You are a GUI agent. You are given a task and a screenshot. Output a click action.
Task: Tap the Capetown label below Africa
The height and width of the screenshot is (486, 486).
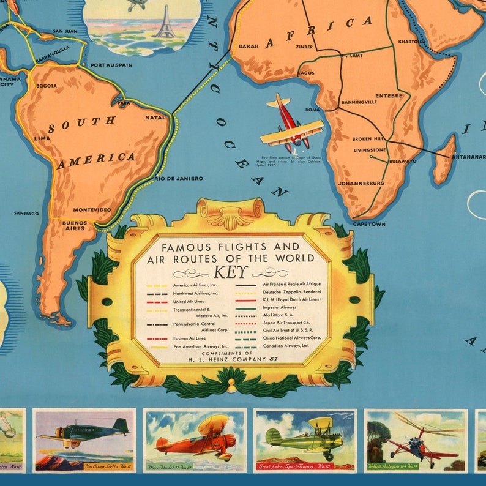369,225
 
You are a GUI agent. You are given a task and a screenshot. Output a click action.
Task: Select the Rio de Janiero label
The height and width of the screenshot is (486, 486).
178,178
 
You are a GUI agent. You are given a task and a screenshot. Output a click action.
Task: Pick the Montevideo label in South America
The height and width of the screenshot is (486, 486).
92,210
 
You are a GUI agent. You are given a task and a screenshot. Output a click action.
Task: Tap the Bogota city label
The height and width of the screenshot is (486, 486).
47,86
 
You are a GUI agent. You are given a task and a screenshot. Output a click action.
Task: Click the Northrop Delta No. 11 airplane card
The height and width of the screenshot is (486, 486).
84,439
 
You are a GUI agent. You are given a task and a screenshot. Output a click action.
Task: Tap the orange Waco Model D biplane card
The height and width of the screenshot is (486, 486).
195,439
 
